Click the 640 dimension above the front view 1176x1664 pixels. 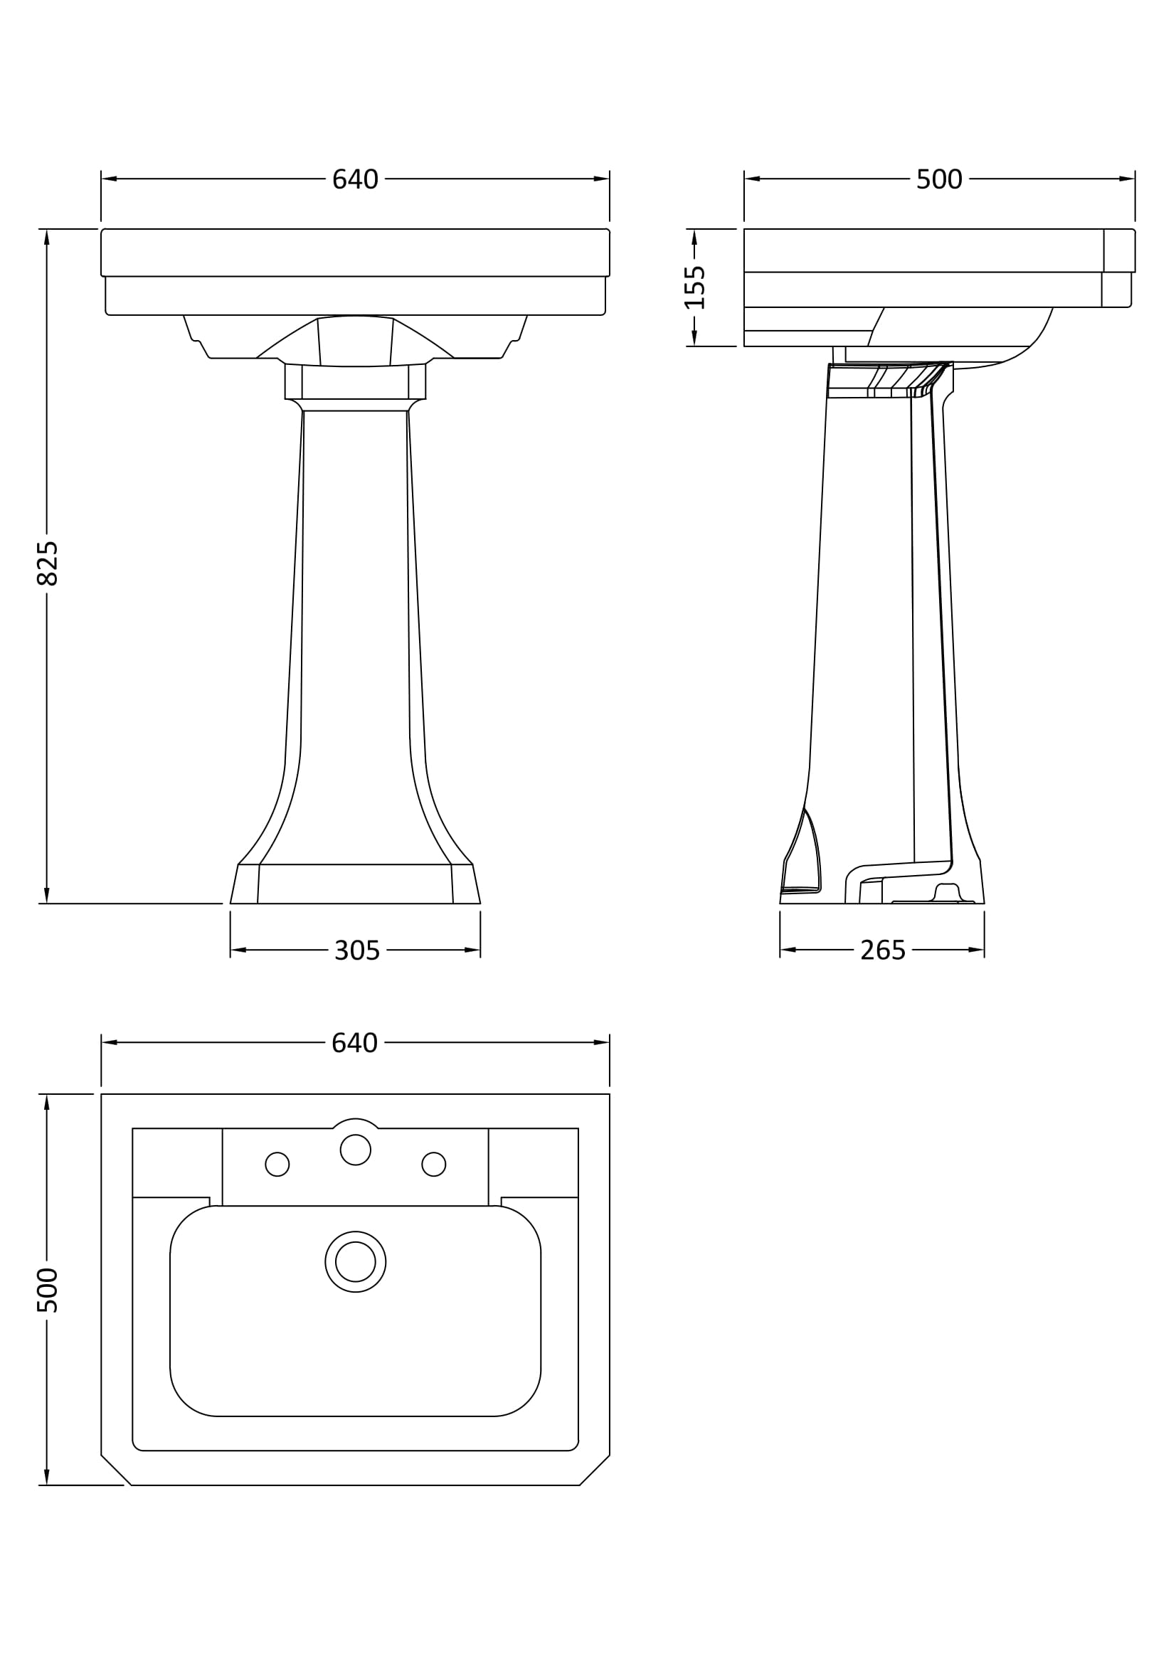coord(355,179)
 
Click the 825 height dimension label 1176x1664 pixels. coord(47,563)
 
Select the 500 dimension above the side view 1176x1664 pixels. coord(939,179)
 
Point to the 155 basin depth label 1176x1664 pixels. coord(695,287)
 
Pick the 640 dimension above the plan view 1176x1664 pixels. coord(355,1043)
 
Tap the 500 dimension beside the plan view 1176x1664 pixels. coord(47,1290)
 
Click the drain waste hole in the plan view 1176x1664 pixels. coord(355,1262)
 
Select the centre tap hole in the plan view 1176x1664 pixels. coord(355,1150)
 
